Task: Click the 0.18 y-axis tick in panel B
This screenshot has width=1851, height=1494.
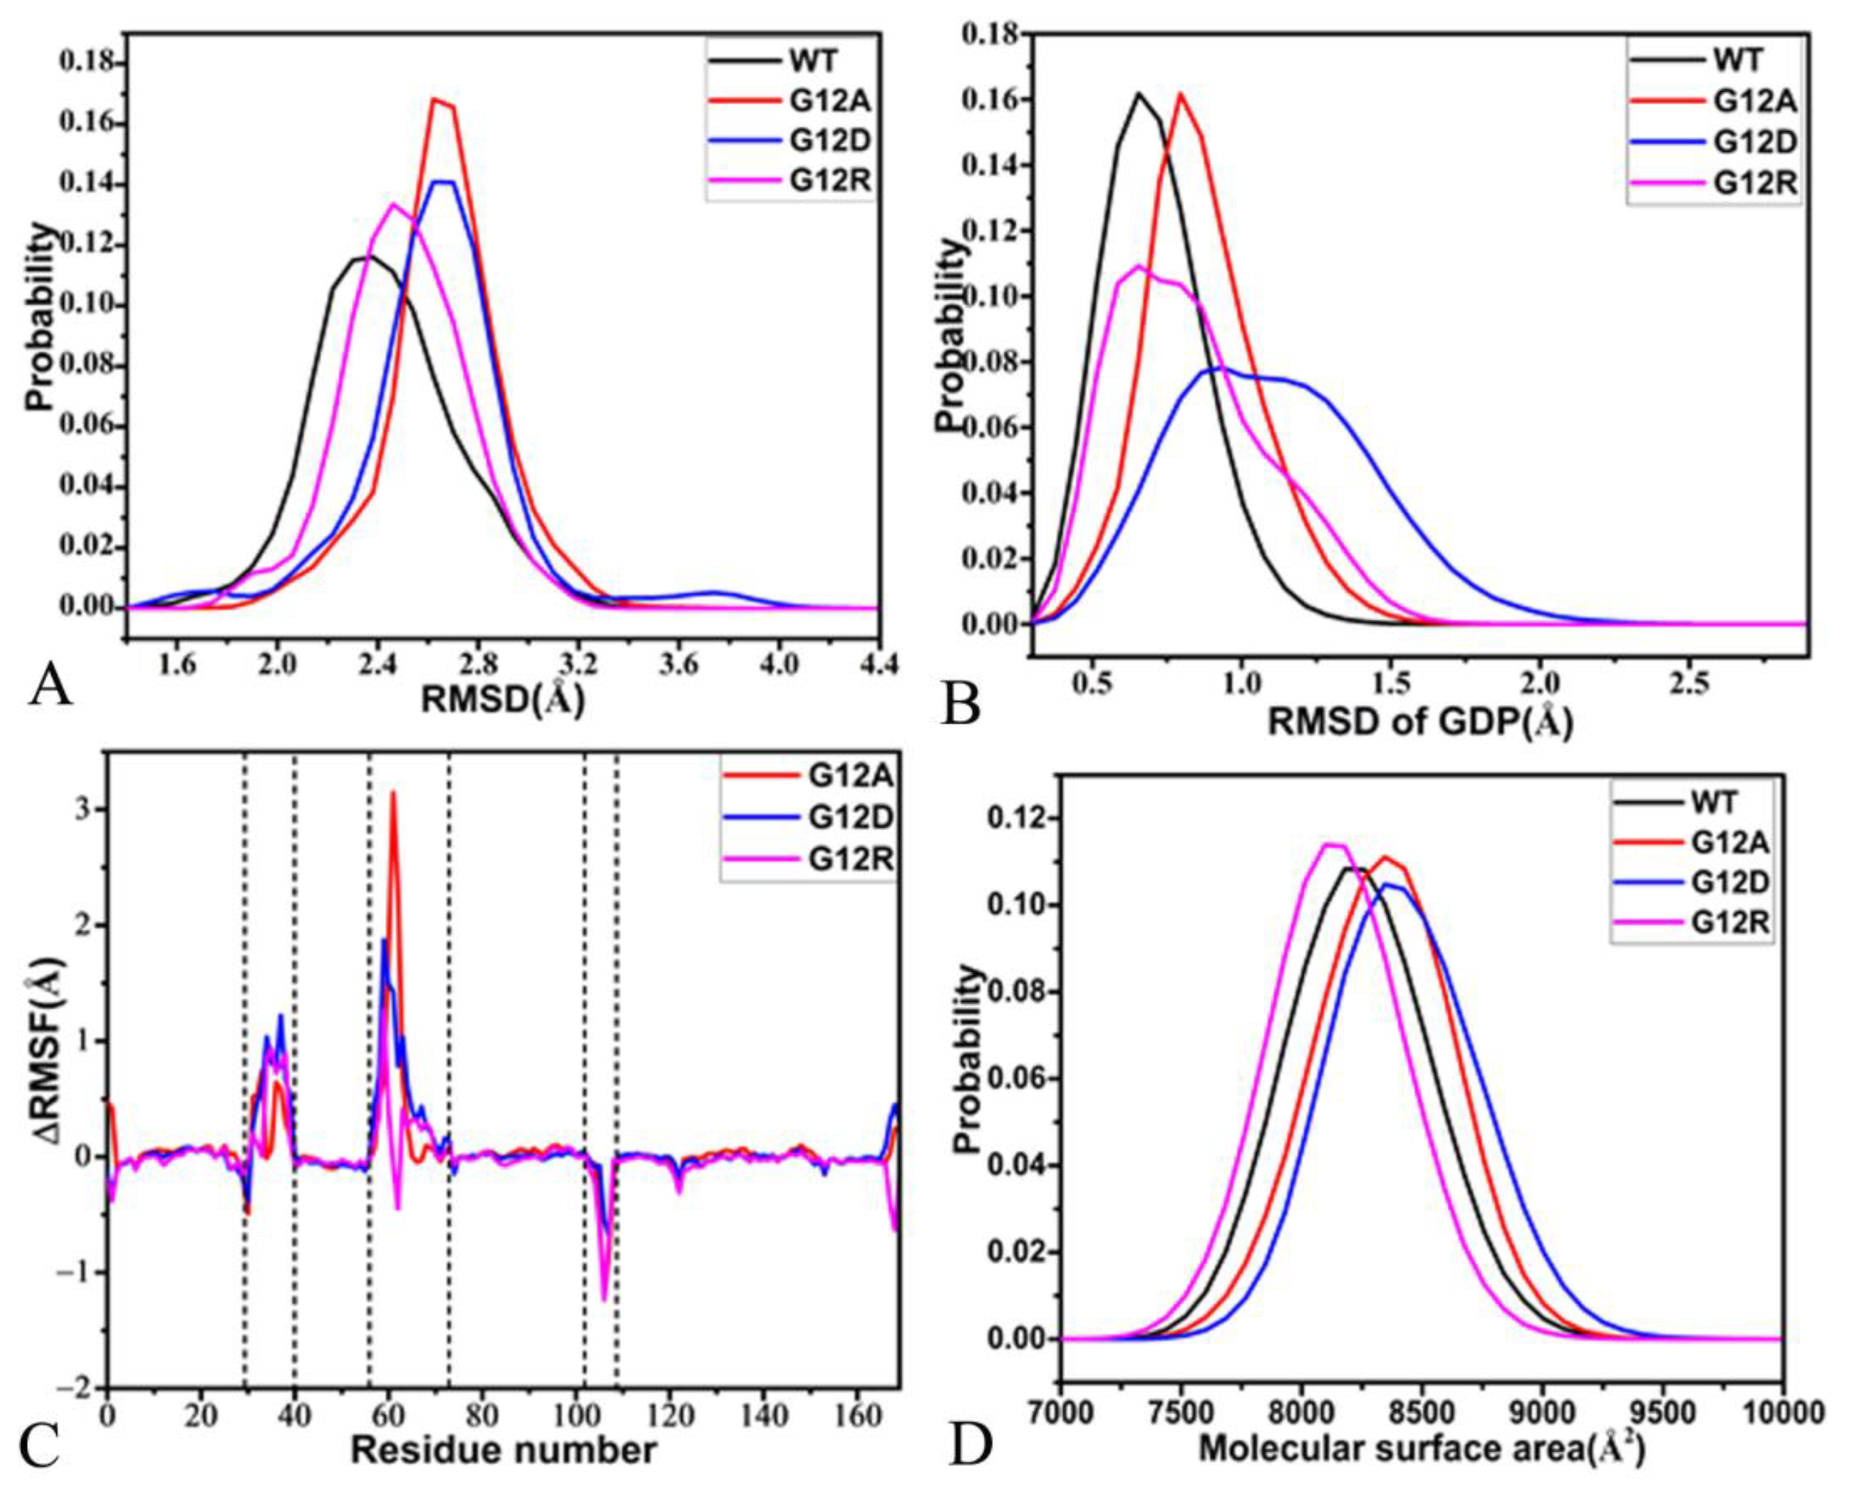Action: click(990, 35)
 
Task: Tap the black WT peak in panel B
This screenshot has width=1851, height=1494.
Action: click(1139, 93)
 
